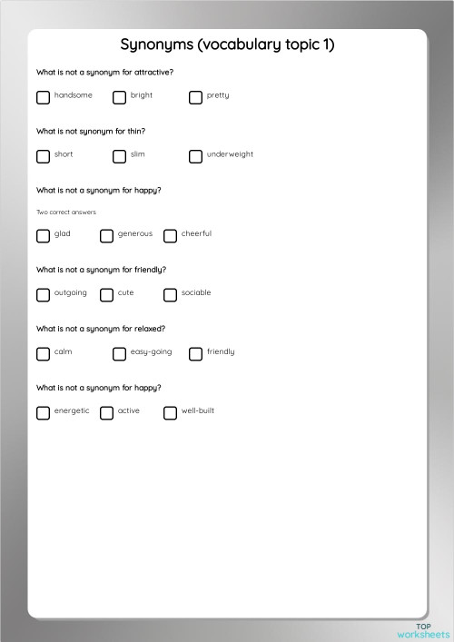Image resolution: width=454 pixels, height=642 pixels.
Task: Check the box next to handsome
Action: click(x=43, y=97)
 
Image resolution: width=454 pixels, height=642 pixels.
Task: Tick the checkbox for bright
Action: click(x=119, y=97)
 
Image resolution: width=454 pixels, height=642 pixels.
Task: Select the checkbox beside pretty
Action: click(x=195, y=97)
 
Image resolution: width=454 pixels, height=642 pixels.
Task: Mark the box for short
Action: click(x=43, y=156)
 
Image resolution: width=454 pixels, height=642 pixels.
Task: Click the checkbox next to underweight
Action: click(x=195, y=156)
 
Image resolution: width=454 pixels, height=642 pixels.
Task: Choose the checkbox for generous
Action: click(x=106, y=236)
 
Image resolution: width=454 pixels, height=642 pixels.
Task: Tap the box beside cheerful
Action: click(x=170, y=236)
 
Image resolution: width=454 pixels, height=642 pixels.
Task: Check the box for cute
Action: click(x=106, y=295)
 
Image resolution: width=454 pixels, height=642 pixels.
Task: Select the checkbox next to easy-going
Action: click(x=119, y=354)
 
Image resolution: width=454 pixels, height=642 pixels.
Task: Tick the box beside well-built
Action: click(x=170, y=413)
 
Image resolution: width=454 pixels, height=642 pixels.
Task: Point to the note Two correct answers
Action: click(x=65, y=212)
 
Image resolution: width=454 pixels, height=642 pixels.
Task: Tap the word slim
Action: click(x=137, y=154)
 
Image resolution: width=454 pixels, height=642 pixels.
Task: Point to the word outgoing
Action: click(x=71, y=293)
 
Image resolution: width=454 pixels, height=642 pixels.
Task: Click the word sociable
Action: click(x=196, y=293)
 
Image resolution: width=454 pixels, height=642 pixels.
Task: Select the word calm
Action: click(x=63, y=351)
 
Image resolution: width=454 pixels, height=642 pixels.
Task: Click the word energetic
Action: click(x=72, y=411)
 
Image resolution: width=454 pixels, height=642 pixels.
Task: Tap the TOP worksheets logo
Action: click(x=423, y=629)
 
